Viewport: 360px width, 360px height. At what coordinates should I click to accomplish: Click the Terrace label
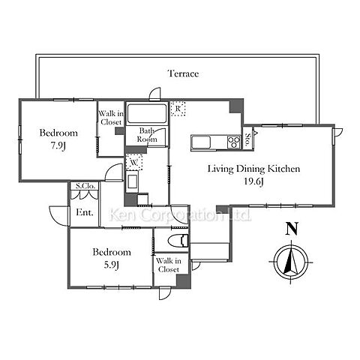tap(183, 73)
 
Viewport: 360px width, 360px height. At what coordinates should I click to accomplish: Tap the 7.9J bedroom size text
tap(58, 145)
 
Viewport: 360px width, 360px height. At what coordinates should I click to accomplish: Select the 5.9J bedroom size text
tap(111, 265)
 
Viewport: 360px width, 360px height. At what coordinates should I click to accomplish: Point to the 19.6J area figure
tap(253, 181)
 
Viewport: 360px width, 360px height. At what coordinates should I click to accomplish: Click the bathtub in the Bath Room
tap(147, 114)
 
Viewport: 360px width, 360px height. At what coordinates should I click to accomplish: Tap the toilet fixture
tap(178, 241)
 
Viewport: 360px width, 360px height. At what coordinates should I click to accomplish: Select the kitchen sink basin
tap(201, 142)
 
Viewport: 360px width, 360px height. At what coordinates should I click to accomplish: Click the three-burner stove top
tap(234, 142)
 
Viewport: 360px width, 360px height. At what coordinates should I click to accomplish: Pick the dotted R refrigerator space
tap(178, 109)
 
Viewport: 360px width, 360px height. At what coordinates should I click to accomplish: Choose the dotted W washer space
tap(134, 162)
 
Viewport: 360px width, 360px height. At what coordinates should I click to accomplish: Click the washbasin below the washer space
tap(132, 181)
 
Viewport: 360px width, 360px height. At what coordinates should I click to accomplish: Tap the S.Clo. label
tap(85, 186)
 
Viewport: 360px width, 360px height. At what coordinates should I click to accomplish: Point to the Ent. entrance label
tap(85, 212)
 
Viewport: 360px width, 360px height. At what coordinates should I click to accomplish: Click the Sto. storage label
tap(248, 139)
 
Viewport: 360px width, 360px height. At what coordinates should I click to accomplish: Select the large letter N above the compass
tap(292, 229)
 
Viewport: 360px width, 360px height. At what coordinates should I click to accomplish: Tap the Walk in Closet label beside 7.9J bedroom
tap(111, 118)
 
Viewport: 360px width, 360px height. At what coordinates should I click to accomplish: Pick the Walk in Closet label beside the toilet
tap(169, 265)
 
